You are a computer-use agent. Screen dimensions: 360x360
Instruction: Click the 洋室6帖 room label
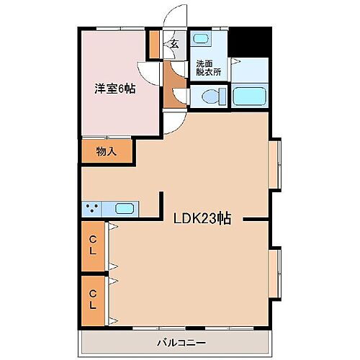click(x=115, y=89)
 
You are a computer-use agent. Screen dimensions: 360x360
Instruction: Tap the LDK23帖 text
click(x=201, y=220)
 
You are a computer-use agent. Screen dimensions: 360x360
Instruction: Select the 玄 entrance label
click(x=175, y=43)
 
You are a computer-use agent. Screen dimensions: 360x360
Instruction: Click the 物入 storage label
click(x=107, y=152)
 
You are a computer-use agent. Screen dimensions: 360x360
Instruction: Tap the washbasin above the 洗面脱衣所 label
click(x=202, y=39)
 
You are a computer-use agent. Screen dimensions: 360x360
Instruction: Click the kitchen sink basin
click(x=125, y=210)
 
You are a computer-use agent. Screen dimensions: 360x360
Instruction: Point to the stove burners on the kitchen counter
click(x=91, y=210)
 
